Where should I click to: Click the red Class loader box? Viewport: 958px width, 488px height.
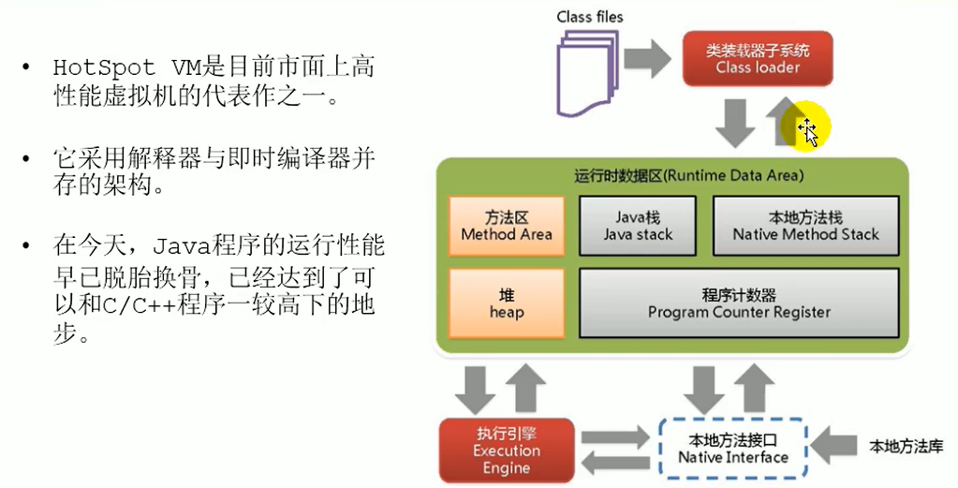(758, 58)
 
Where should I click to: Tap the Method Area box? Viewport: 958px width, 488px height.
(507, 226)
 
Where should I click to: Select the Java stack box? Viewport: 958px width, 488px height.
(638, 226)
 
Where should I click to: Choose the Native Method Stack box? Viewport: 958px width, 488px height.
(805, 226)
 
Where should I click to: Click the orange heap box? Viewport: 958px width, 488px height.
(507, 303)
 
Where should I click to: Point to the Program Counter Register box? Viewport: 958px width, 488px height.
(739, 303)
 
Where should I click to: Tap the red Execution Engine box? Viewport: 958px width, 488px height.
(506, 450)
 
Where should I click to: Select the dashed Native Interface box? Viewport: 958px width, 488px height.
(733, 448)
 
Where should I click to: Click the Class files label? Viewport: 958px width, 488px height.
(590, 16)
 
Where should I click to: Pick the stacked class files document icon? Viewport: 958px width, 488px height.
(587, 71)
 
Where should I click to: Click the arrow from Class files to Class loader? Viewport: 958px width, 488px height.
(648, 59)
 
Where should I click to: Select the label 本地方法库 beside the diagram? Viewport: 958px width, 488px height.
(905, 444)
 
